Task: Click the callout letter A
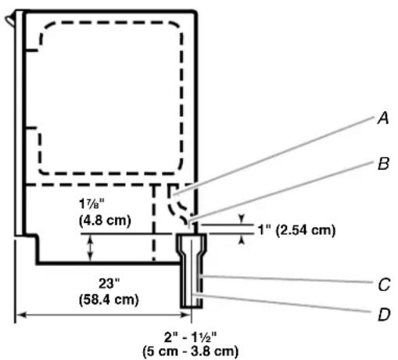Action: pyautogui.click(x=383, y=119)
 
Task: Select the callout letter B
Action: pyautogui.click(x=383, y=164)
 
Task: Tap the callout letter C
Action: pyautogui.click(x=384, y=285)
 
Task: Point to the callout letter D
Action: pyautogui.click(x=384, y=315)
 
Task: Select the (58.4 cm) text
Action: pyautogui.click(x=109, y=300)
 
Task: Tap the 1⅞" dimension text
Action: pyautogui.click(x=91, y=204)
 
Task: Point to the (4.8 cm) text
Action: pyautogui.click(x=105, y=221)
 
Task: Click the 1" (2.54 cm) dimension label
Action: pyautogui.click(x=296, y=230)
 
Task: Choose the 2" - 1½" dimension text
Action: pyautogui.click(x=191, y=337)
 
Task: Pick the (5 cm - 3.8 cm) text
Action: pyautogui.click(x=191, y=351)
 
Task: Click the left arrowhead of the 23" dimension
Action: pyautogui.click(x=21, y=315)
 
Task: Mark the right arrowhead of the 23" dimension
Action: pyautogui.click(x=186, y=315)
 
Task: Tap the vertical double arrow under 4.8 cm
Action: pyautogui.click(x=90, y=247)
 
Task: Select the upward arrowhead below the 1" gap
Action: pyautogui.click(x=242, y=239)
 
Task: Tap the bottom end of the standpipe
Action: pyautogui.click(x=192, y=307)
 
